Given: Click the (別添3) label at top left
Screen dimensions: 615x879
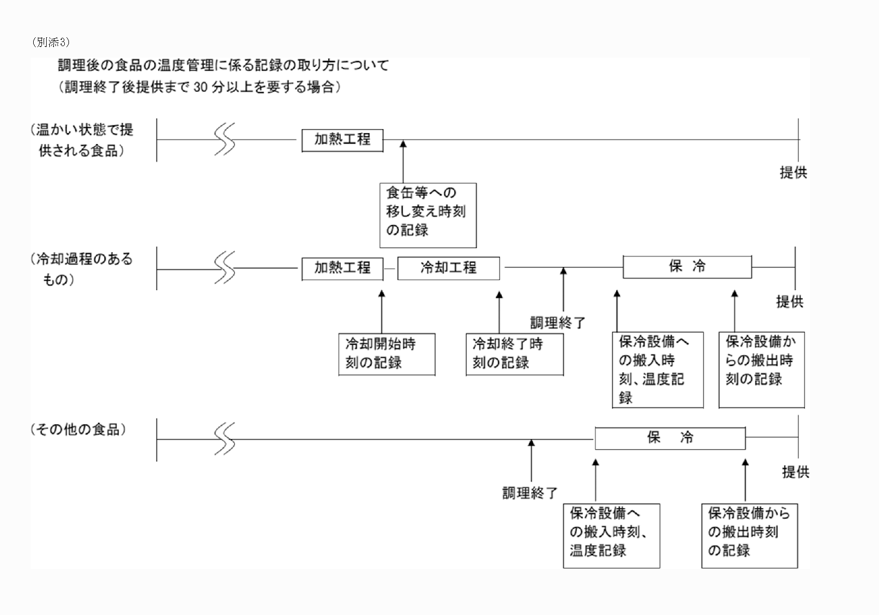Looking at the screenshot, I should pos(51,42).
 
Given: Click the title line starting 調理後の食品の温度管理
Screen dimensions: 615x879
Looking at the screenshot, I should pos(223,66).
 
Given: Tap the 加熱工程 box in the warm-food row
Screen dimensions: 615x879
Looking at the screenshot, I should pos(342,140).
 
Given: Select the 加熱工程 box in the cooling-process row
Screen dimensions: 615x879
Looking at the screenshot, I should pos(342,268).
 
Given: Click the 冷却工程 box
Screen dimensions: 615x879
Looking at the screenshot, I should pos(448,268).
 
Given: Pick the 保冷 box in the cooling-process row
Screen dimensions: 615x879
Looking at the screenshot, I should pos(687,267).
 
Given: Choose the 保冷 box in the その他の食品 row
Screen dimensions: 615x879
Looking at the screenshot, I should pos(669,438).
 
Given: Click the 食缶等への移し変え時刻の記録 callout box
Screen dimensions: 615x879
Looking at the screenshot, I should pos(427,215).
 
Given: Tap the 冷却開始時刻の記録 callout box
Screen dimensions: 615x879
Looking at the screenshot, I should pos(386,354).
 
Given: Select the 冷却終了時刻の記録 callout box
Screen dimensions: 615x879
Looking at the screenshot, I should pos(514,354).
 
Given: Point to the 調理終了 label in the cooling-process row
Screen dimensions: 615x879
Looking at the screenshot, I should pos(557,323).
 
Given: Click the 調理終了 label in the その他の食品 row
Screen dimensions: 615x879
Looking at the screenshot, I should pos(529,493).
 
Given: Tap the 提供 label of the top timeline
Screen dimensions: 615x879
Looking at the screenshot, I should pos(793,173).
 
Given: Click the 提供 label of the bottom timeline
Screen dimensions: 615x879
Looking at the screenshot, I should pos(795,472).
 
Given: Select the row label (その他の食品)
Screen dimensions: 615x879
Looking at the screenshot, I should pos(78,430).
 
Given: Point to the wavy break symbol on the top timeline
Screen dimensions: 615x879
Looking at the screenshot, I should pos(225,139).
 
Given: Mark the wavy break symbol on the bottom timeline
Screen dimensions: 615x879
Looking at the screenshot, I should pos(225,439).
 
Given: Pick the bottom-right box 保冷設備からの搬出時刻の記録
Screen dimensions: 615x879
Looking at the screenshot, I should pos(749,536).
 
